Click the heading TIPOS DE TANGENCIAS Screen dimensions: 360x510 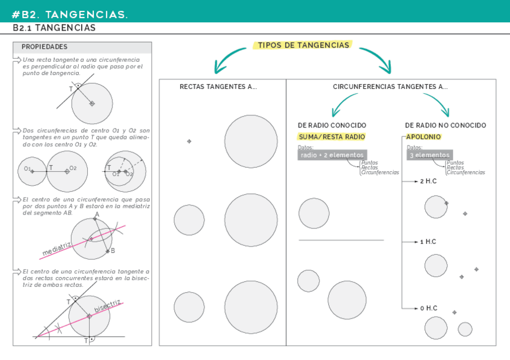tap(303, 45)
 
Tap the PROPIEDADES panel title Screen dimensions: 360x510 tap(45, 47)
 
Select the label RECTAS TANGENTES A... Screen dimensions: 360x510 tap(218, 87)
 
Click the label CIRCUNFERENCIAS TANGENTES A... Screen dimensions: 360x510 tap(390, 87)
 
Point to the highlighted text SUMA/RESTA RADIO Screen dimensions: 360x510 tap(332, 137)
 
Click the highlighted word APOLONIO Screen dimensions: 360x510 tap(423, 137)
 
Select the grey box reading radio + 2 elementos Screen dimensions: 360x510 tap(332, 155)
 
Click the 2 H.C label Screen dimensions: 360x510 tap(428, 181)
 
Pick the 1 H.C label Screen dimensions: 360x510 tap(428, 242)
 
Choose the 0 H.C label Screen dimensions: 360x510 tap(428, 308)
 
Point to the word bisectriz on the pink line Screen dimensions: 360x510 tap(107, 305)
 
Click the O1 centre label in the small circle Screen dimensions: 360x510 tap(28, 169)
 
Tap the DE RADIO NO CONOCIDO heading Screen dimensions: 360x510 tap(446, 126)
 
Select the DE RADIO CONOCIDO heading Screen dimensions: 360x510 tap(332, 126)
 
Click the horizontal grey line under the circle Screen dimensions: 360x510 tap(341, 240)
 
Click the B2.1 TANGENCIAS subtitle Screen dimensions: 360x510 tap(54, 28)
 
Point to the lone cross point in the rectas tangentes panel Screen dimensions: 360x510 tap(189, 141)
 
